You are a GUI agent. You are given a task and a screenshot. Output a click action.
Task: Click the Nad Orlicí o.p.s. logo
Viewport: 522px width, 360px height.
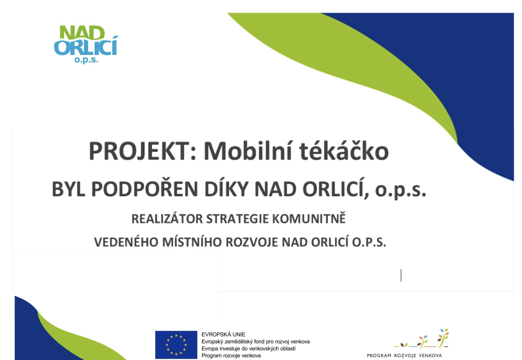click(86, 44)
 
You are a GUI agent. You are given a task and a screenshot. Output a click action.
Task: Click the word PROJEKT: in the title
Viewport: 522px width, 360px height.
click(143, 151)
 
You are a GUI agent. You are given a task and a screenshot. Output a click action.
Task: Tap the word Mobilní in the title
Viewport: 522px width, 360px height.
click(248, 151)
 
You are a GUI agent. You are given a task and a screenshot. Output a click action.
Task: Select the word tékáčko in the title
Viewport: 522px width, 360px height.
click(344, 151)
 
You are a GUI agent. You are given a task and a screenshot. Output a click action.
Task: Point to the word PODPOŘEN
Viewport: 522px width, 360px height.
click(145, 189)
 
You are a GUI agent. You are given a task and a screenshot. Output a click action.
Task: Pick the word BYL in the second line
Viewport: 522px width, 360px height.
click(68, 189)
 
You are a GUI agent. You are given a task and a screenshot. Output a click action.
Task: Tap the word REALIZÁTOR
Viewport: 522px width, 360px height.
click(167, 219)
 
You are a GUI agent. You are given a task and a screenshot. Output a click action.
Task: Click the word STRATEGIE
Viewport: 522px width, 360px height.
click(237, 219)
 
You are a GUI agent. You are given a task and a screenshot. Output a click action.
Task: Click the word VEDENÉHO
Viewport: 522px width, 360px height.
click(126, 242)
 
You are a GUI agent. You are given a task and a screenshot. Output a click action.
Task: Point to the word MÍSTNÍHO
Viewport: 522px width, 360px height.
click(192, 242)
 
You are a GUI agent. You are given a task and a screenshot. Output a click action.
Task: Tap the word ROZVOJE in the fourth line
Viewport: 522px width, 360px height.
click(252, 242)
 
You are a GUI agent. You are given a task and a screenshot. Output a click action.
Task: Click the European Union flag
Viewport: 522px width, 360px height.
click(176, 345)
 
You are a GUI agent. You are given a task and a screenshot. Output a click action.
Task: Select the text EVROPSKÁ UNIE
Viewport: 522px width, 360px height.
click(223, 334)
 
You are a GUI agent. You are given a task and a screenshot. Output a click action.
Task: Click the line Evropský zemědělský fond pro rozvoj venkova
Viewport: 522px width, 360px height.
click(255, 342)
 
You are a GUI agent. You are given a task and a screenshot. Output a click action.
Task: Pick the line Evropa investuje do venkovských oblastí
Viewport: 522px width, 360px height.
click(248, 349)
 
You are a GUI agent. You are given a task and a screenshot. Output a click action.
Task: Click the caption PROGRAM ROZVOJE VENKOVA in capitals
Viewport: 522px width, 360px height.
click(404, 355)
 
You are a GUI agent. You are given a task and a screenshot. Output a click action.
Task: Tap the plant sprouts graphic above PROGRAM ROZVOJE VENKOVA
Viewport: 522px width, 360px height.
click(421, 339)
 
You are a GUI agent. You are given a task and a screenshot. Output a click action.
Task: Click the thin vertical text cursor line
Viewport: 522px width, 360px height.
click(401, 275)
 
